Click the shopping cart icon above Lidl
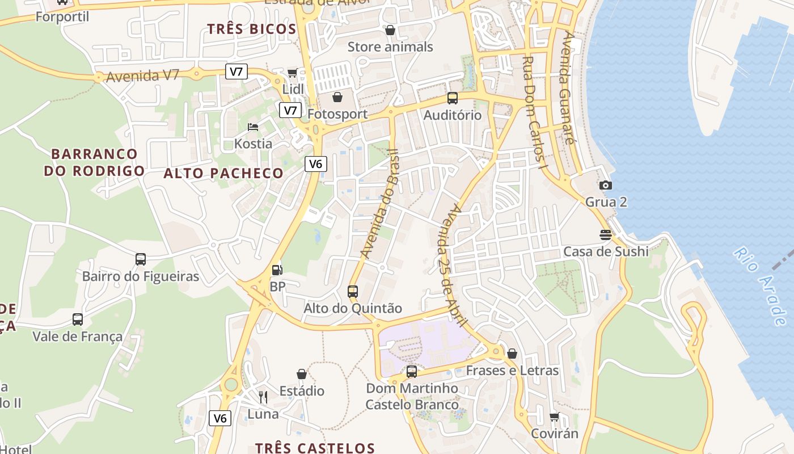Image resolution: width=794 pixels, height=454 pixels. pos(292,73)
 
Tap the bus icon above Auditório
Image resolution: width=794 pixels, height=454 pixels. pos(453,98)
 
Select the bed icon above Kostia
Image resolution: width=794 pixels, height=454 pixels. pos(253,127)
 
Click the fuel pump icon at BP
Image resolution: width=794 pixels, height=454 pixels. pos(277,270)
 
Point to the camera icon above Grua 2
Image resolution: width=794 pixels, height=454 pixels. pos(606,185)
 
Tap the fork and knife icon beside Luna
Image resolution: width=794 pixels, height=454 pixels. pos(263,397)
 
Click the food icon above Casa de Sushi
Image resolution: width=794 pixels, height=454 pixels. pos(606,234)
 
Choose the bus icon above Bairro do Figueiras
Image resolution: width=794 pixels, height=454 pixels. pos(141,259)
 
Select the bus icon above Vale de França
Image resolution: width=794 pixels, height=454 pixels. pos(78,320)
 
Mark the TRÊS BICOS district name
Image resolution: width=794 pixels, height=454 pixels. pos(251,30)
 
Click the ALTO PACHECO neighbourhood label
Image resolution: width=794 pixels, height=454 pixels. pos(223,174)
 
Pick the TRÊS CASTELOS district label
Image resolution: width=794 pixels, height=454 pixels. pos(315,448)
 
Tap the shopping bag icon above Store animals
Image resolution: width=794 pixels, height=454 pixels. pos(390,30)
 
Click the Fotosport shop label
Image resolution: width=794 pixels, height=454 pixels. pos(337,114)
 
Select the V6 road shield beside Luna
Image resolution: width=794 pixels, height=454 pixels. pos(220,419)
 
